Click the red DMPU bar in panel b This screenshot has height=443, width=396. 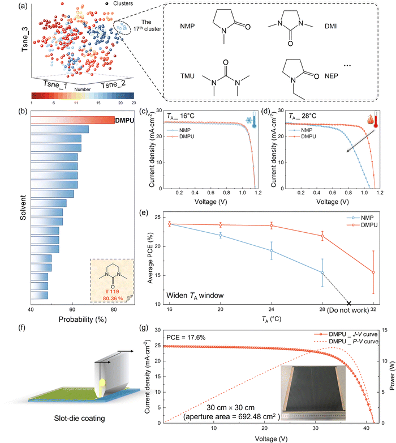point(73,120)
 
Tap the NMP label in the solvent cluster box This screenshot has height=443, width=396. point(187,26)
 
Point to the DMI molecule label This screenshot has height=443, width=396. point(330,26)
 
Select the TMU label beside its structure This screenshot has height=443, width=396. point(188,76)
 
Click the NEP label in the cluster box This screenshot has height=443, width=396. point(331,76)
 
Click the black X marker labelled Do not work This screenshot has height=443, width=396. point(349,303)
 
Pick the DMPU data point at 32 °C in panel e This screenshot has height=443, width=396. point(373,272)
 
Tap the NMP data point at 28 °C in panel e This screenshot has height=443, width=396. point(322,272)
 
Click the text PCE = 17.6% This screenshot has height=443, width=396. point(186,337)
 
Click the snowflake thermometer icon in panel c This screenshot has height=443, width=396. point(251,120)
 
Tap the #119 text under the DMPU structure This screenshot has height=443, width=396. point(113,292)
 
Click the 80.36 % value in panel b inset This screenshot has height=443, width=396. point(113,299)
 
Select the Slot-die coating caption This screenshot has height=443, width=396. point(80,419)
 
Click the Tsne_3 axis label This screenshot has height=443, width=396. point(25,39)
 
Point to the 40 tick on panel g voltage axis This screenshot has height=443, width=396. point(366,428)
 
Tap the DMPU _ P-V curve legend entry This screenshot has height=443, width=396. point(346,341)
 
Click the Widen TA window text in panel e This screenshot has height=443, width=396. point(195,296)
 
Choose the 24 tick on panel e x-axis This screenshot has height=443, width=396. point(271,309)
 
